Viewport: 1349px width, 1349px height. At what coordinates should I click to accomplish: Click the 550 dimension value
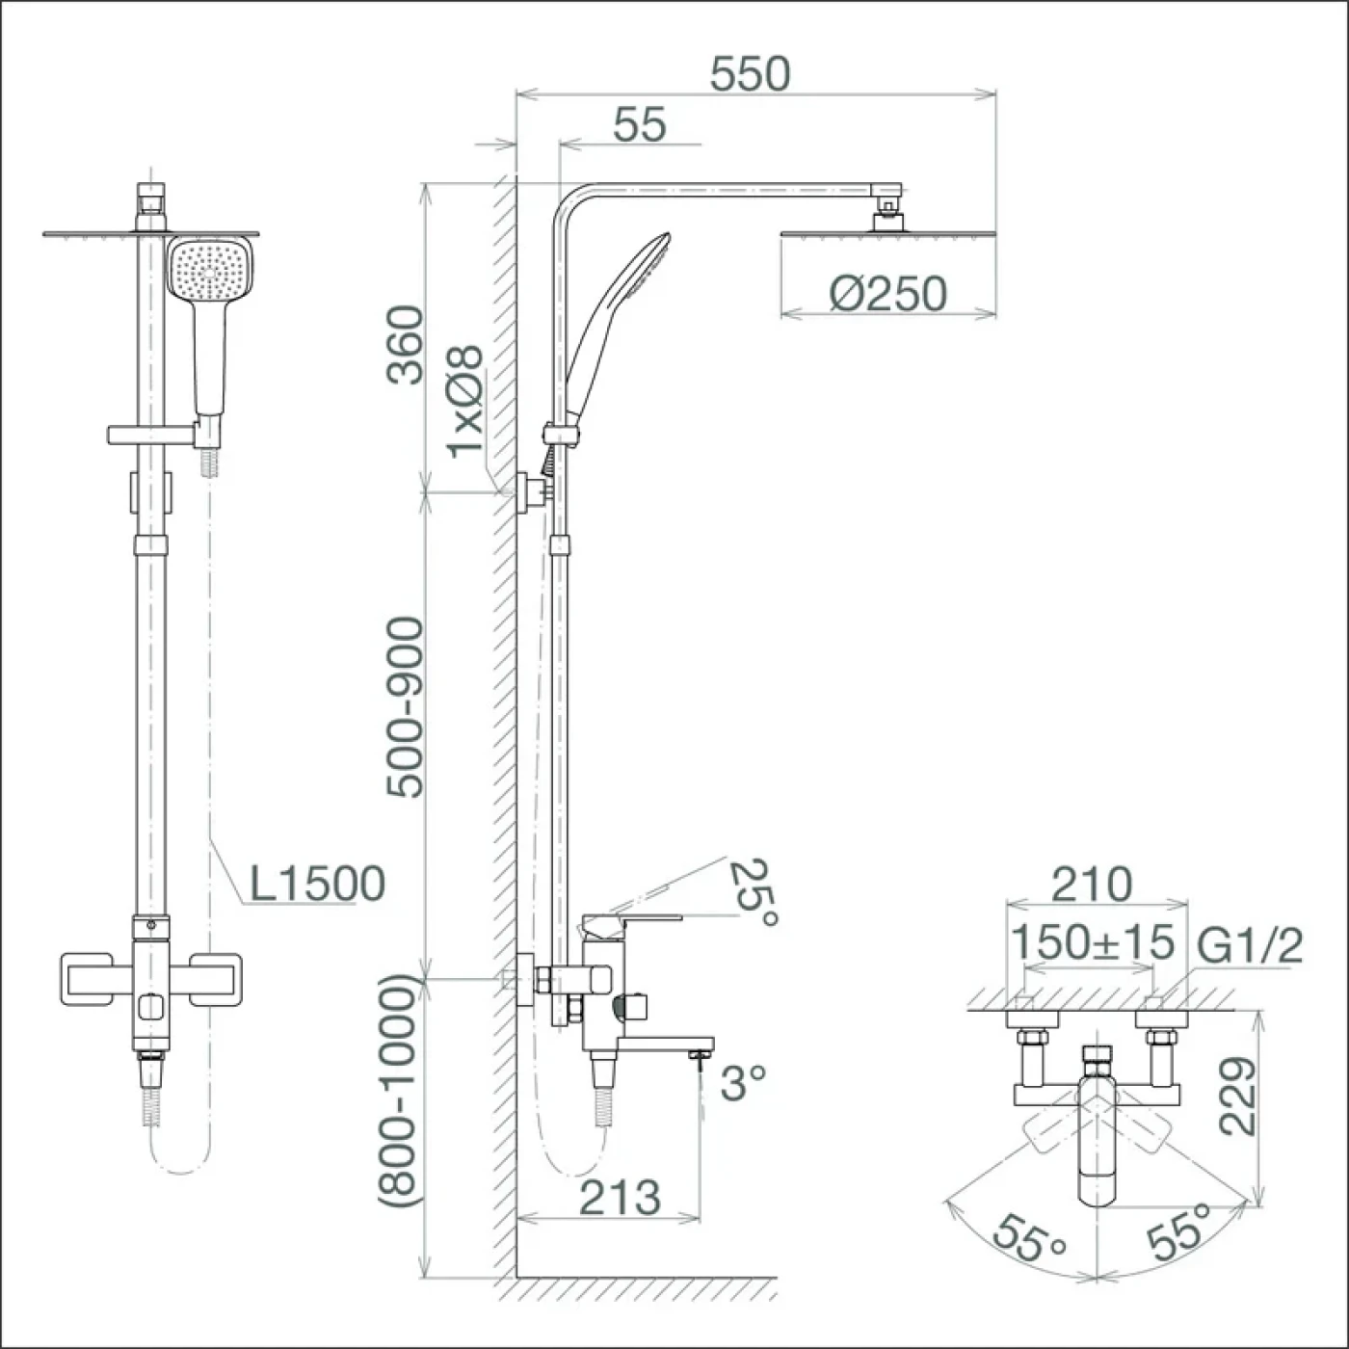click(750, 74)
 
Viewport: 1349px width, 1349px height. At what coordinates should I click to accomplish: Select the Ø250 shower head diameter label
click(887, 294)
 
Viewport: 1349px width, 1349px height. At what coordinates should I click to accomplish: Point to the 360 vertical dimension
click(406, 344)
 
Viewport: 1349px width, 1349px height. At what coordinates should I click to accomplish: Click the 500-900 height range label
click(406, 707)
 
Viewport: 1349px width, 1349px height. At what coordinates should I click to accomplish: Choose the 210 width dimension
click(1092, 885)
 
